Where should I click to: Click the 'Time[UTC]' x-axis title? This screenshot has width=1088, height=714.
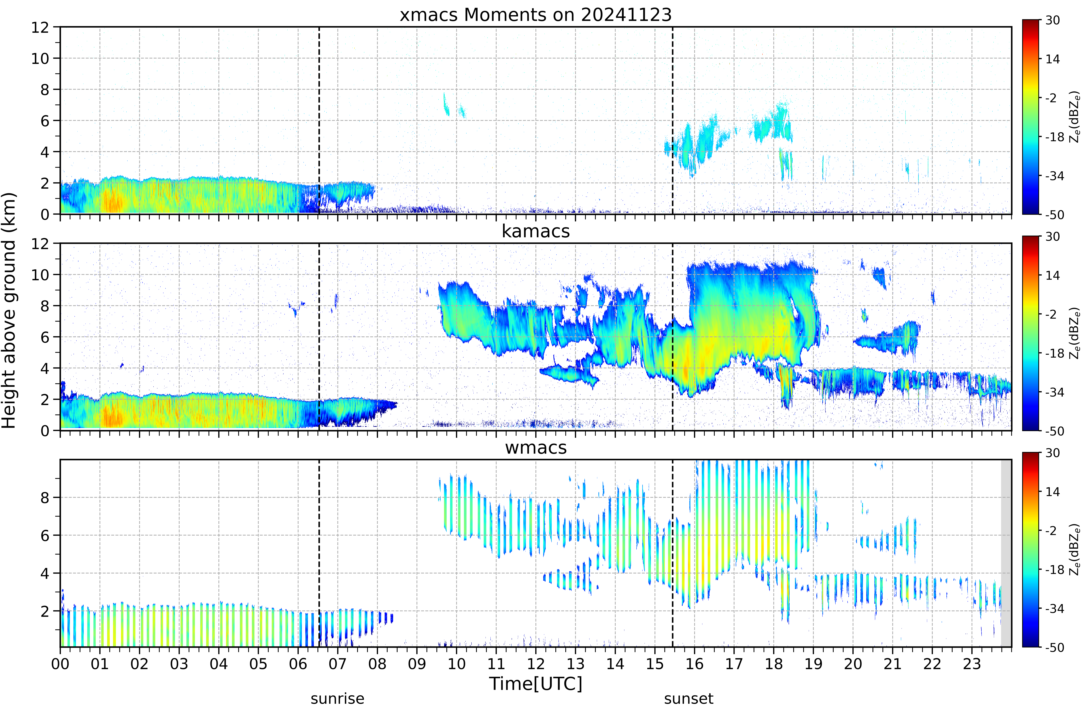click(x=536, y=684)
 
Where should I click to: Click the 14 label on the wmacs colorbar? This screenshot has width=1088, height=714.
click(x=1052, y=492)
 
